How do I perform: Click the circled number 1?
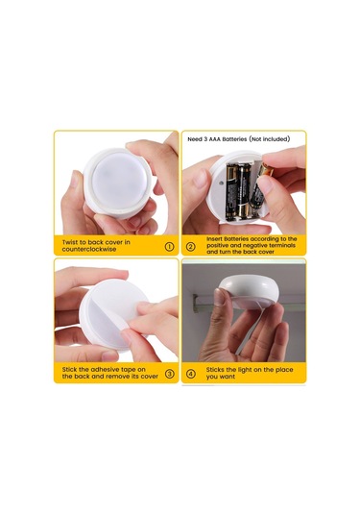170,247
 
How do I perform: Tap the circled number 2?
190,247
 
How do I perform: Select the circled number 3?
170,374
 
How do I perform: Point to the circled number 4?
190,374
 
